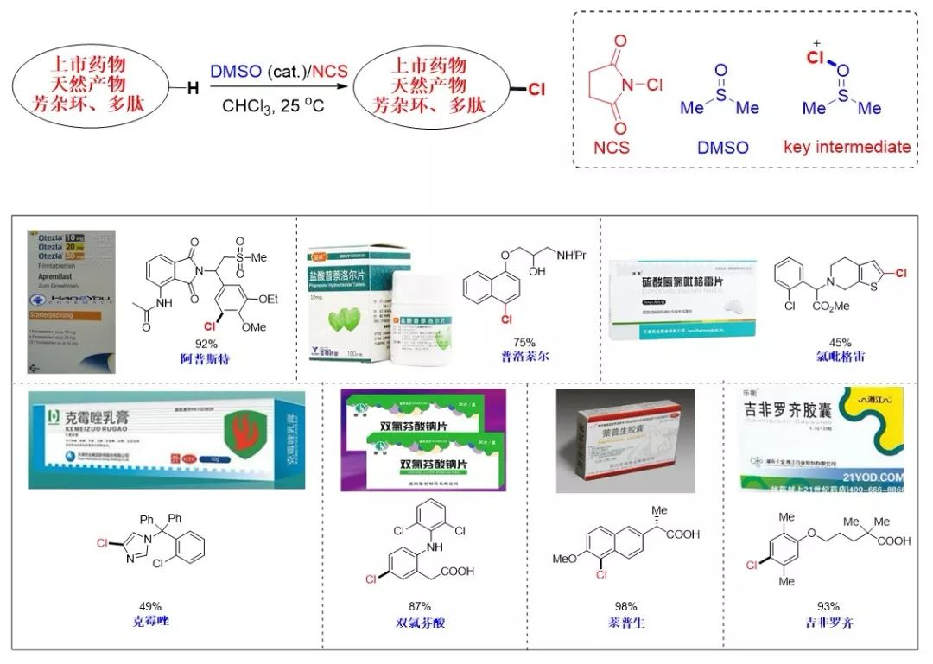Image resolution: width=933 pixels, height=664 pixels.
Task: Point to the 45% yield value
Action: coord(840,342)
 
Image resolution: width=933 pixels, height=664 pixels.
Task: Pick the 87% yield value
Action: coord(420,606)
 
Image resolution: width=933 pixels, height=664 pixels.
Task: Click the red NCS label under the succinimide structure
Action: coord(611,146)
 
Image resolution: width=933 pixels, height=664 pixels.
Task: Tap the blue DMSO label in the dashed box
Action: coord(722,147)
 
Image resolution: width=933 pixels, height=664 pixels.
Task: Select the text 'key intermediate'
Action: coord(847,146)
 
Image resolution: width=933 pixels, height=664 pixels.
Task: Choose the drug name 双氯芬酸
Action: coord(420,622)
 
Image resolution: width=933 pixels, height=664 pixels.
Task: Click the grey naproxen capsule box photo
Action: coord(625,441)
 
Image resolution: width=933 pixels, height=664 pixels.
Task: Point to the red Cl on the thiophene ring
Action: coord(899,273)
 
